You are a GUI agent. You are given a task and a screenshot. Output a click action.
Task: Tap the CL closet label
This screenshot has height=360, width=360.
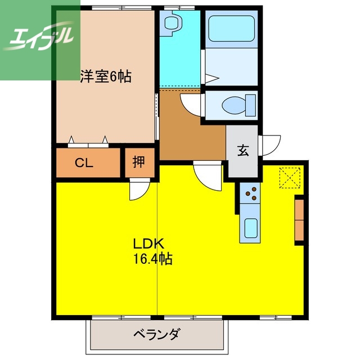pyautogui.click(x=84, y=163)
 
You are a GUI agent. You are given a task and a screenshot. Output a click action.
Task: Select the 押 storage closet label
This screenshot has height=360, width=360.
pyautogui.click(x=138, y=163)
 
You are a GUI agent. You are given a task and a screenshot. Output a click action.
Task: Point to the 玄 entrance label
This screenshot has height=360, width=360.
pyautogui.click(x=242, y=151)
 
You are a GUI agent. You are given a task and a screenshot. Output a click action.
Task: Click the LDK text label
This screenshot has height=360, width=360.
pyautogui.click(x=147, y=245)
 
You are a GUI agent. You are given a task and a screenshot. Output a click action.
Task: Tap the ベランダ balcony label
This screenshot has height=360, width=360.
pyautogui.click(x=156, y=335)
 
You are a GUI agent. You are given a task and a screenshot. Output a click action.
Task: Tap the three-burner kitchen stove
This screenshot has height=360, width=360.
pyautogui.click(x=250, y=194)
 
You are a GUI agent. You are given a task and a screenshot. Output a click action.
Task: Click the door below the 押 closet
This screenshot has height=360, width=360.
pyautogui.click(x=138, y=190)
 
